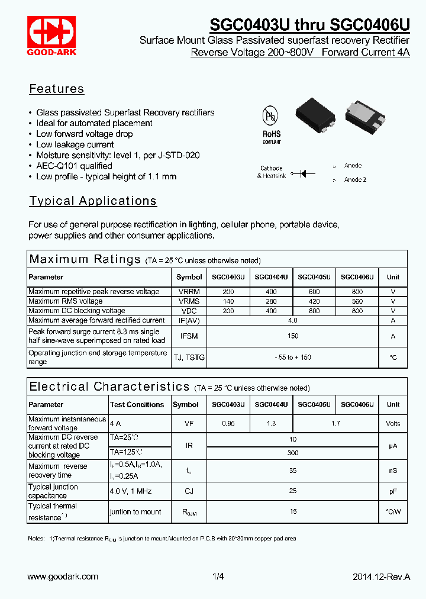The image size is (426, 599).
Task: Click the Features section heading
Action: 57,89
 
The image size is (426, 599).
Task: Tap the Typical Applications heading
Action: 93,201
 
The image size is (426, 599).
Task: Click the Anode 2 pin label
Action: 355,179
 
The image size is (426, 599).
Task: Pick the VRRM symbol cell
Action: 189,292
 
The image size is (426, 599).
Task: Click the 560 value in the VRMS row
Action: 357,301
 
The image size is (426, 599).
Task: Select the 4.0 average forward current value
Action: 292,320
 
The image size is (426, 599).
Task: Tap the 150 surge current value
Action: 292,336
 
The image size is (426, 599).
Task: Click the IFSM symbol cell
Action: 189,336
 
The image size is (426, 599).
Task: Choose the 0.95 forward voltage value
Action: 228,424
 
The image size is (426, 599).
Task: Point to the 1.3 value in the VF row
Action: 272,424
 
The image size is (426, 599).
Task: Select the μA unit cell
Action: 393,446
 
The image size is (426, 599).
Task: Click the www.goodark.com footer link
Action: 63,577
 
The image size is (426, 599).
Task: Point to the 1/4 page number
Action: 218,577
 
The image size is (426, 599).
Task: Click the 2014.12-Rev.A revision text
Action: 381,577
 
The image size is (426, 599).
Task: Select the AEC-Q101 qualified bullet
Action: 74,166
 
